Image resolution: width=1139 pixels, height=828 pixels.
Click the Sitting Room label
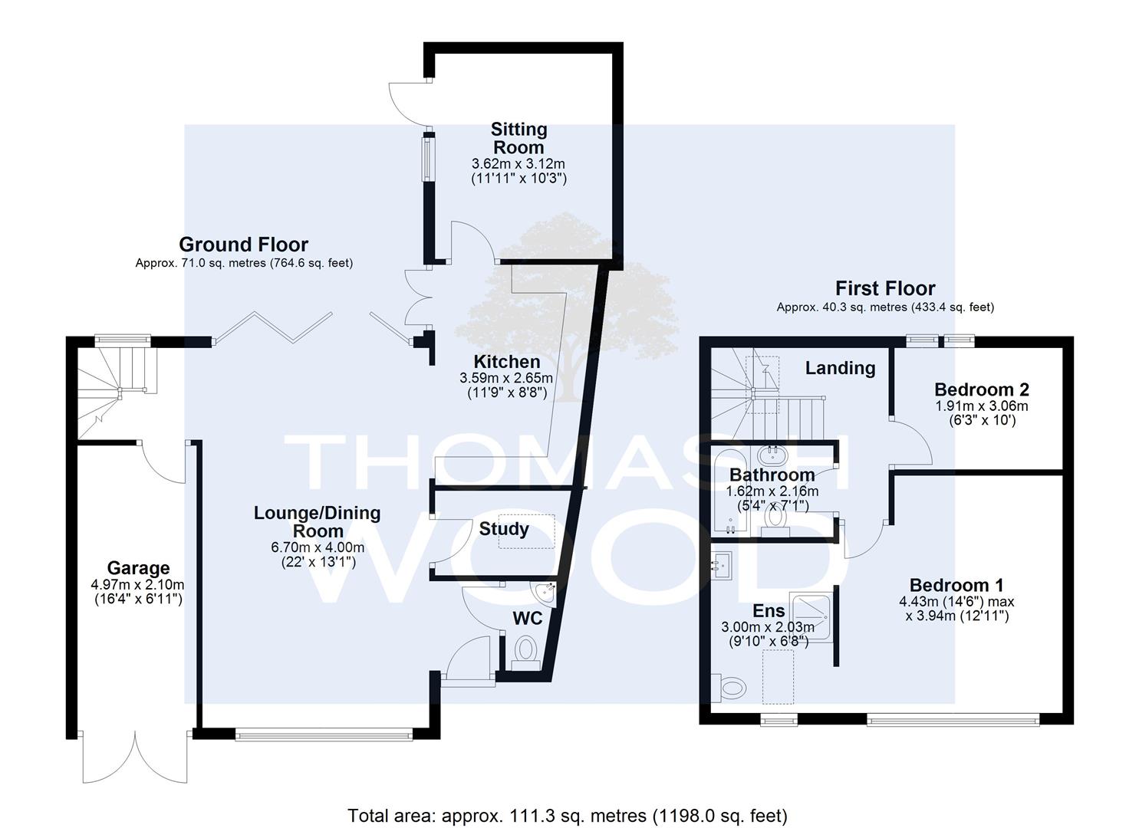(x=518, y=138)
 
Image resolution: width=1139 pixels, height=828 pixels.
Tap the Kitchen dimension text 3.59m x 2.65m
(x=506, y=378)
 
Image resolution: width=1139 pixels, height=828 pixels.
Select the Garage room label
(x=138, y=568)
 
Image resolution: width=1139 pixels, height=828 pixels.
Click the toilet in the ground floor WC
(x=525, y=653)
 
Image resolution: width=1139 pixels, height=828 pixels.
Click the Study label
(x=504, y=529)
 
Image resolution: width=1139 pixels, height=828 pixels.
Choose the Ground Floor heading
(x=244, y=245)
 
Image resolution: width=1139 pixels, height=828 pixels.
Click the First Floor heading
(x=885, y=288)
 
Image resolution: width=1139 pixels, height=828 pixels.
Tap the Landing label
(x=840, y=368)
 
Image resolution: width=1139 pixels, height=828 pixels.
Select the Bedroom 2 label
(x=982, y=390)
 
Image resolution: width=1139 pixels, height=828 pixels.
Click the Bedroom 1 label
(x=956, y=585)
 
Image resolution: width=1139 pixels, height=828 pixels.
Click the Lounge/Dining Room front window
(x=324, y=734)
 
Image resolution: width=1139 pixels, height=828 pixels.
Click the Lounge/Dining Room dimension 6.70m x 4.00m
(x=318, y=547)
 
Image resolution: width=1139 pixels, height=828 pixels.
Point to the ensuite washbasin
(x=722, y=565)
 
